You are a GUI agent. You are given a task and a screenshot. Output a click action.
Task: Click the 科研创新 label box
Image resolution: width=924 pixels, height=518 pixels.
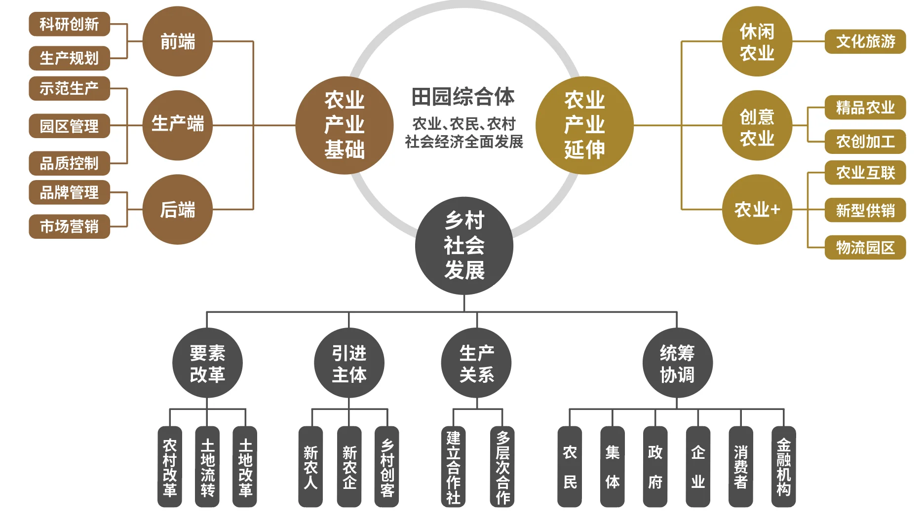pyautogui.click(x=69, y=24)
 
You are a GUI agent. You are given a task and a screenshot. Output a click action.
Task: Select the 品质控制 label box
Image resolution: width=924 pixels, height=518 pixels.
pyautogui.click(x=69, y=163)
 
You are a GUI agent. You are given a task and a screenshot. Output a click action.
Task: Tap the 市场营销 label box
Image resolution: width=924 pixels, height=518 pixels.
pyautogui.click(x=69, y=226)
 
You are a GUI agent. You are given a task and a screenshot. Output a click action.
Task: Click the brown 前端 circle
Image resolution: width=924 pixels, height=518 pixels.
pyautogui.click(x=177, y=41)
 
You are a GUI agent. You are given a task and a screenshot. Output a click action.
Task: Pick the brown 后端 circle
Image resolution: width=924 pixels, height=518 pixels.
pyautogui.click(x=177, y=210)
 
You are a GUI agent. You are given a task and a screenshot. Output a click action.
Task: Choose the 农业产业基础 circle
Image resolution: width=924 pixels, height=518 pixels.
pyautogui.click(x=345, y=125)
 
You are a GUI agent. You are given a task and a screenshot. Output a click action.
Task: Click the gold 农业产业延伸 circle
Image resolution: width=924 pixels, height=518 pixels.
pyautogui.click(x=584, y=125)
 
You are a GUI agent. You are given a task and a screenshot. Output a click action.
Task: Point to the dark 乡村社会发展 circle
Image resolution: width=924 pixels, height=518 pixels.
pyautogui.click(x=464, y=246)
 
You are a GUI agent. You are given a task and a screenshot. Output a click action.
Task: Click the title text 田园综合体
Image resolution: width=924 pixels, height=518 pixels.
pyautogui.click(x=463, y=97)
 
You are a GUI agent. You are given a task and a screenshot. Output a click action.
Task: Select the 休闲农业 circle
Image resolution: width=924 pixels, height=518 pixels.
pyautogui.click(x=757, y=41)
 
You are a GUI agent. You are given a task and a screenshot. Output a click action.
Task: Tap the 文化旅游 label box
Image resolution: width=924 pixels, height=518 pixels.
pyautogui.click(x=865, y=41)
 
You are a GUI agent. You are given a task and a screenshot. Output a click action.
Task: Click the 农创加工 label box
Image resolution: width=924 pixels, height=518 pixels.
pyautogui.click(x=865, y=142)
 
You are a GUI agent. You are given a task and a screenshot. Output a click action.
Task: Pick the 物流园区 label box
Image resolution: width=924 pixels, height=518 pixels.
pyautogui.click(x=865, y=248)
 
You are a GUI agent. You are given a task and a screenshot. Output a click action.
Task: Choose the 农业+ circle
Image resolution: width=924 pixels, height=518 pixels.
pyautogui.click(x=757, y=210)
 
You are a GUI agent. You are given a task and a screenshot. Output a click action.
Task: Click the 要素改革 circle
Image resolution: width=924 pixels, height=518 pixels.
pyautogui.click(x=207, y=363)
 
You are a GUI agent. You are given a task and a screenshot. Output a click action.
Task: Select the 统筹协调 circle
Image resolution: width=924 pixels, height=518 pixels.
pyautogui.click(x=677, y=363)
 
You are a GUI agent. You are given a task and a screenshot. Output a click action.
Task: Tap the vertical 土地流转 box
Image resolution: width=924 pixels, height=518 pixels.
pyautogui.click(x=207, y=467)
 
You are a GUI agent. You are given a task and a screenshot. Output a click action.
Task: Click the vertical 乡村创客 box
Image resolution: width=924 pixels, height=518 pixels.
pyautogui.click(x=387, y=467)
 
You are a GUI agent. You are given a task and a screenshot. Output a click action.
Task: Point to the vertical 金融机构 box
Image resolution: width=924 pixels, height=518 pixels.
pyautogui.click(x=783, y=467)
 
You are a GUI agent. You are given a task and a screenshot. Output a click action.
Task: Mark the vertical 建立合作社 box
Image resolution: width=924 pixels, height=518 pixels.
pyautogui.click(x=453, y=467)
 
